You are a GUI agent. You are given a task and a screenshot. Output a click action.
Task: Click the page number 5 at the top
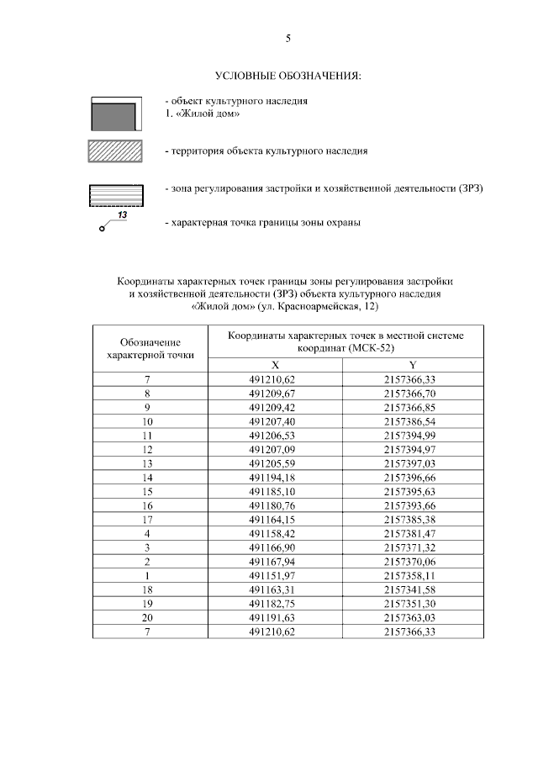[288, 38]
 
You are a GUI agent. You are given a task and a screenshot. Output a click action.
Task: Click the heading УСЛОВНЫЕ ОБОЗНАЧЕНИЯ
[288, 77]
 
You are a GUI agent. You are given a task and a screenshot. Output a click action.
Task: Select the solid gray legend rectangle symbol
[116, 114]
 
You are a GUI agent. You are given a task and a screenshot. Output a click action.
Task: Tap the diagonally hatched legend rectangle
[116, 152]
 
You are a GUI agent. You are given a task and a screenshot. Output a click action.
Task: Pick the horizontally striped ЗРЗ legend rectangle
[116, 195]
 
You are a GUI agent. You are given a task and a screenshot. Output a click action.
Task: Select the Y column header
[413, 364]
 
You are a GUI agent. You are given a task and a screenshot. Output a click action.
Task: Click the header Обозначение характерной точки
[150, 349]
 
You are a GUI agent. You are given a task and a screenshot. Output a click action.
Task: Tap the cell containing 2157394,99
[413, 435]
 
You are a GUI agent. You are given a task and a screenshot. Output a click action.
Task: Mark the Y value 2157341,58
[413, 591]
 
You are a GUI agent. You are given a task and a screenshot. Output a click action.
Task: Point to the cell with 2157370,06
[413, 563]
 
